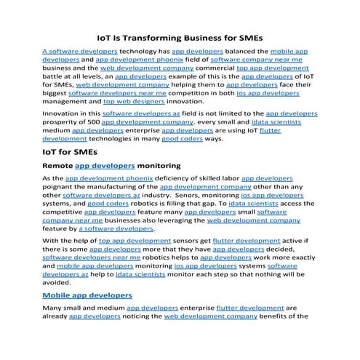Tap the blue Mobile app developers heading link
pos(87,295)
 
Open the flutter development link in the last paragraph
pos(246,308)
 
